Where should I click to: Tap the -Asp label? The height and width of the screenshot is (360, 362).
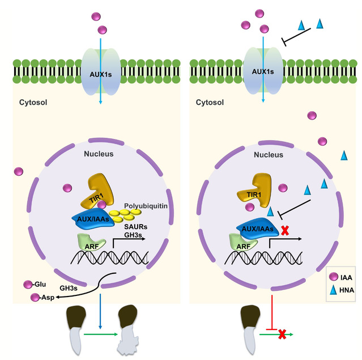pyautogui.click(x=43, y=298)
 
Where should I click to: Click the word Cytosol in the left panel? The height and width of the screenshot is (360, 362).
pyautogui.click(x=33, y=104)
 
